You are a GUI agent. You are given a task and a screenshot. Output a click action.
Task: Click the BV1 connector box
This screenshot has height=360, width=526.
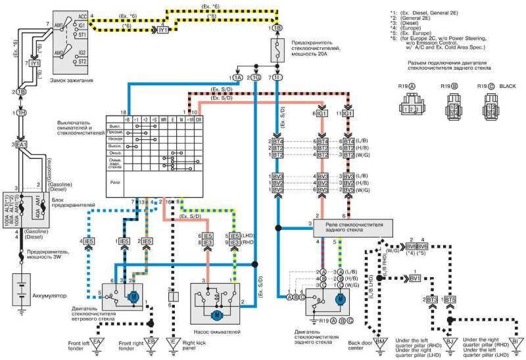point(414,278)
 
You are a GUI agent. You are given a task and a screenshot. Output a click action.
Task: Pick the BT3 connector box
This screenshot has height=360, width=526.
point(432,299)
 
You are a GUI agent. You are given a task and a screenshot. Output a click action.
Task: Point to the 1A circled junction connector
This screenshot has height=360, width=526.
point(237,77)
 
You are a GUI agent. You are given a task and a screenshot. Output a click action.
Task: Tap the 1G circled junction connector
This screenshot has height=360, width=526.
point(256,77)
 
